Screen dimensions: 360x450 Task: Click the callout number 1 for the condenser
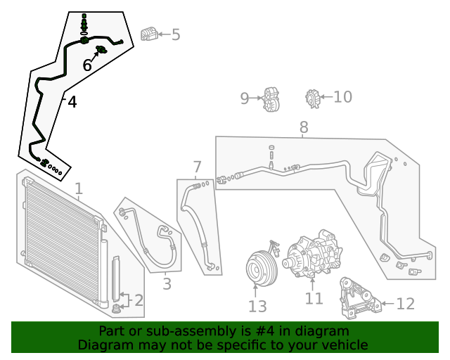pyautogui.click(x=79, y=188)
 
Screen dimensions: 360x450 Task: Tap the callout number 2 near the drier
pyautogui.click(x=138, y=301)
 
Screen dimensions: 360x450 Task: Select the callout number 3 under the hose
pyautogui.click(x=167, y=284)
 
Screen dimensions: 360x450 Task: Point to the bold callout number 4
pyautogui.click(x=71, y=103)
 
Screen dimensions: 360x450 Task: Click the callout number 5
pyautogui.click(x=176, y=34)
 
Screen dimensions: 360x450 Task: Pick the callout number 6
pyautogui.click(x=87, y=65)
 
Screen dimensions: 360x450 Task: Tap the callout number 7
pyautogui.click(x=197, y=167)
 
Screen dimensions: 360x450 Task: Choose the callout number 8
pyautogui.click(x=304, y=127)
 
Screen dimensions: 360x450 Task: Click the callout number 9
pyautogui.click(x=245, y=98)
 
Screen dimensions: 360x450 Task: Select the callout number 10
pyautogui.click(x=342, y=96)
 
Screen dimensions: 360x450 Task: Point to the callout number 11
pyautogui.click(x=314, y=298)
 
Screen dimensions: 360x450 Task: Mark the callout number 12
pyautogui.click(x=406, y=304)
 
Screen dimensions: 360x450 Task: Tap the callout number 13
pyautogui.click(x=257, y=306)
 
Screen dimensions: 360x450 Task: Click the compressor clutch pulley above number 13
pyautogui.click(x=258, y=268)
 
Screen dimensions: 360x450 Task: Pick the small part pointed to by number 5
pyautogui.click(x=148, y=34)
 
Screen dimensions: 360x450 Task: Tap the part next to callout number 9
pyautogui.click(x=271, y=100)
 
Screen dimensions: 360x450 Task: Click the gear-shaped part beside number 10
pyautogui.click(x=313, y=98)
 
